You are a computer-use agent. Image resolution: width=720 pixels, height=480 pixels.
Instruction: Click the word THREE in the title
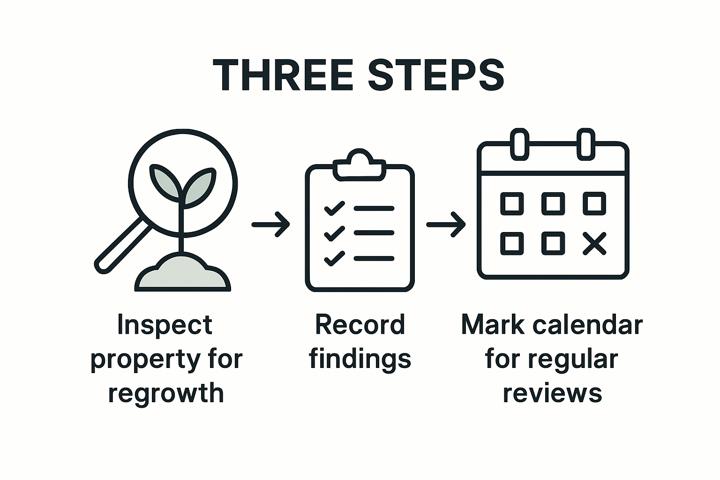tap(283, 75)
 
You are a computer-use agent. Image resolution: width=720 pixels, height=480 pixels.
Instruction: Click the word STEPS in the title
tap(436, 75)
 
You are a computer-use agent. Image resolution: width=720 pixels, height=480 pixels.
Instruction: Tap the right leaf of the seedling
tap(200, 185)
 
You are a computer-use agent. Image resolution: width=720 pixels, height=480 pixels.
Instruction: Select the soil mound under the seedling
tap(183, 274)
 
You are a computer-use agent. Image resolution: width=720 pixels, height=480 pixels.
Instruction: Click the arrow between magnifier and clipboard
tap(271, 225)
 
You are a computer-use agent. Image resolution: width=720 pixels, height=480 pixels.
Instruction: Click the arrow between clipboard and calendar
tap(446, 225)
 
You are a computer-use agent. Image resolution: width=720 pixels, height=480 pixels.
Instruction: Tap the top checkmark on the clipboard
tap(334, 208)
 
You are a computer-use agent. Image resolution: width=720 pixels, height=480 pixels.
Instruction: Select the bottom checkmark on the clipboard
tap(334, 258)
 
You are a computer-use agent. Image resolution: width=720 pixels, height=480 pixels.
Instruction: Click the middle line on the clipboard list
tap(374, 233)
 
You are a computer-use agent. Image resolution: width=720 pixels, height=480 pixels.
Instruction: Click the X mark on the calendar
tap(594, 244)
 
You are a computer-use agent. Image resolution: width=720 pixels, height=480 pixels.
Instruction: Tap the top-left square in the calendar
tap(512, 203)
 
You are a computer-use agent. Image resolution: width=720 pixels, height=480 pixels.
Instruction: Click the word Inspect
tap(165, 325)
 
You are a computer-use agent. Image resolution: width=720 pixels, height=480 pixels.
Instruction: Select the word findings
tap(360, 359)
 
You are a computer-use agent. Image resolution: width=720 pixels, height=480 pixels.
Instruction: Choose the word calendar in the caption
tap(586, 324)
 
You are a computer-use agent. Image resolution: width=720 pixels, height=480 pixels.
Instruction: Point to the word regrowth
tap(166, 393)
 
